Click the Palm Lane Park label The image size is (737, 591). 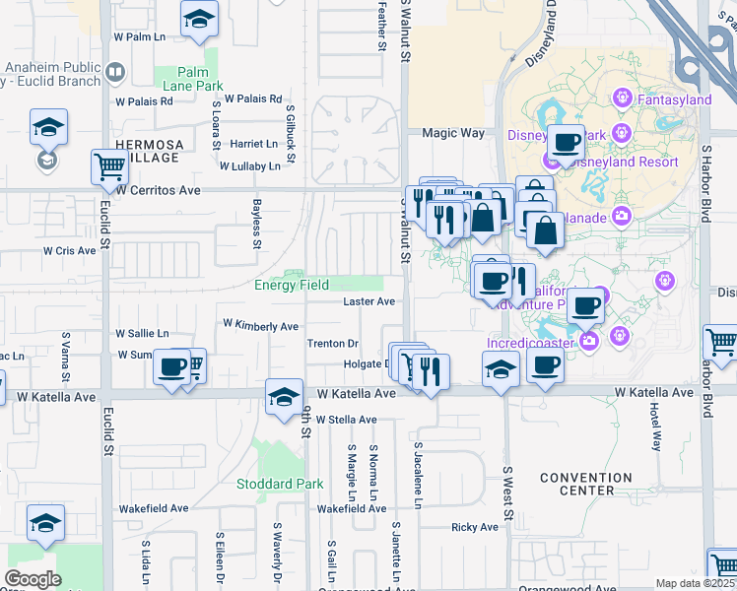coord(200,79)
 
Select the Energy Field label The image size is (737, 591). coord(292,286)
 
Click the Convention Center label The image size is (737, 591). coord(586,484)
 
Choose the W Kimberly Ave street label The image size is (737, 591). coord(260,325)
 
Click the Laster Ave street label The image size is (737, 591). coord(368,301)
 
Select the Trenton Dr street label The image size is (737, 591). coord(332,344)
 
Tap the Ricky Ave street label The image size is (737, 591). coord(476,527)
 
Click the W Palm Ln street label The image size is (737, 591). coord(138,36)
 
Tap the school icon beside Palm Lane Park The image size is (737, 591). coord(199,19)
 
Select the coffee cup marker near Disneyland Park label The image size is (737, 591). coord(567,142)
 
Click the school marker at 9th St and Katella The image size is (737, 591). coord(284,396)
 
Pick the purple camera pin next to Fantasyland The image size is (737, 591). coord(622,98)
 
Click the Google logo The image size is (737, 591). coord(33,579)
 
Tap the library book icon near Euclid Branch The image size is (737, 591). coord(116,72)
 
